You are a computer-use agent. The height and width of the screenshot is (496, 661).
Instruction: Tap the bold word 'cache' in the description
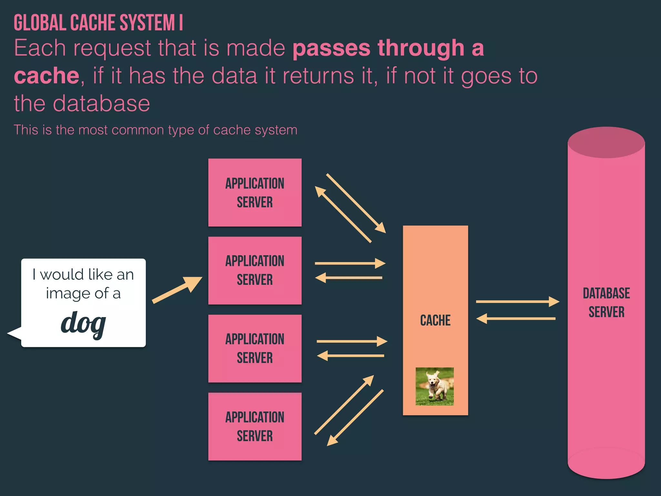pos(46,76)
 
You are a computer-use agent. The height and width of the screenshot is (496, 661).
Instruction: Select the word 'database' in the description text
pos(101,104)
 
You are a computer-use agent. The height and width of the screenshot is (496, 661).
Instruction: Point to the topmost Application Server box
pos(255,192)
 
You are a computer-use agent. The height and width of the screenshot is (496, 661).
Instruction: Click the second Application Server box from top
pos(255,271)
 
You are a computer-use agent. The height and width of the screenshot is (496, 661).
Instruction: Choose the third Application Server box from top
pos(255,348)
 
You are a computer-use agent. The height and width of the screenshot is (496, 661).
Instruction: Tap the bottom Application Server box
pos(255,427)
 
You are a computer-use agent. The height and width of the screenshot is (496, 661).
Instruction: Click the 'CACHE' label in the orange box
pos(435,320)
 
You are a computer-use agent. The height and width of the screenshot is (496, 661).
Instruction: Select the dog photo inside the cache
pos(434,386)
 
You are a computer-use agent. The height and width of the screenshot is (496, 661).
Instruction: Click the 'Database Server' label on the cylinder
pos(606,303)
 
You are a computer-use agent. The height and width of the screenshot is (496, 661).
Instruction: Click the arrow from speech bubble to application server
pos(177,290)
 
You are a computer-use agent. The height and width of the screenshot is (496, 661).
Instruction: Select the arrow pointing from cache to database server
pos(517,302)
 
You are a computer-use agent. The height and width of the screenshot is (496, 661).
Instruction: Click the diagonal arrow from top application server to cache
pos(356,203)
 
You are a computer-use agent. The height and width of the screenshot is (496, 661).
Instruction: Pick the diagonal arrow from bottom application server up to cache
pos(344,405)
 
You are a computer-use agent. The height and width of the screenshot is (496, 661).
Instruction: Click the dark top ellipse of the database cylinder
pos(606,142)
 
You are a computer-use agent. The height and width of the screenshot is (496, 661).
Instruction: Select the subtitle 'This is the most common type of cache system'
pos(155,130)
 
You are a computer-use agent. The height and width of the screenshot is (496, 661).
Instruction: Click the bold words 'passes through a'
pos(388,48)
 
